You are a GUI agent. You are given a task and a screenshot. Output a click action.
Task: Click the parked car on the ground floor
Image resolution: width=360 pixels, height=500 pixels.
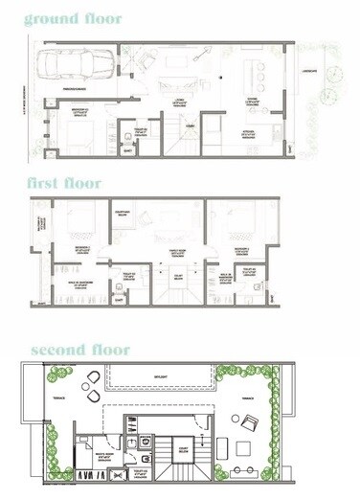tap(75, 66)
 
